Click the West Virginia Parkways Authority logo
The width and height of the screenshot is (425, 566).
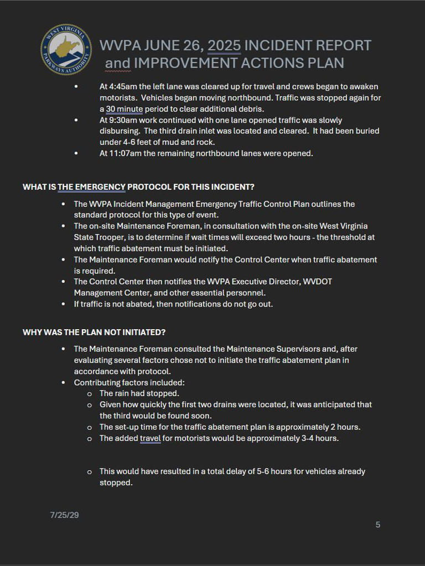pos(66,51)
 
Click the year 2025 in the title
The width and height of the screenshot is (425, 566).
pos(224,45)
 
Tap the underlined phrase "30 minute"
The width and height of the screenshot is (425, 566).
pos(125,109)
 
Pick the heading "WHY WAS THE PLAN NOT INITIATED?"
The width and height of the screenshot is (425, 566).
pos(94,332)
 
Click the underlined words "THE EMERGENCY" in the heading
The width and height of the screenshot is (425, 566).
pos(92,187)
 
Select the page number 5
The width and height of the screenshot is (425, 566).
pos(378,525)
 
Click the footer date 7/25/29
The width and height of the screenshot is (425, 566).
pos(64,515)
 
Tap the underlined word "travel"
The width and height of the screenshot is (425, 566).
pos(151,438)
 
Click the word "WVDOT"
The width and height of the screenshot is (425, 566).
pos(318,282)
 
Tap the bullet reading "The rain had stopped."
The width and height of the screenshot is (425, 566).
pos(139,393)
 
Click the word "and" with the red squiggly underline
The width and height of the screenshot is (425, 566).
pos(117,63)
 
